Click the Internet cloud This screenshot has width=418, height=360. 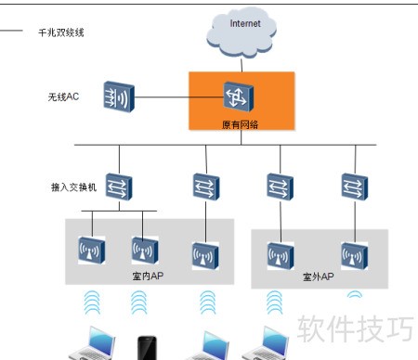[242, 32]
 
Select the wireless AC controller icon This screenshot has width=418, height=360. [119, 96]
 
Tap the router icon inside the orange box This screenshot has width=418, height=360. [239, 96]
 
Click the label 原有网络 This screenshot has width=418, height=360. [240, 124]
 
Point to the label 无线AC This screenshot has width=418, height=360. [63, 96]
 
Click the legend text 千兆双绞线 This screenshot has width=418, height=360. [61, 32]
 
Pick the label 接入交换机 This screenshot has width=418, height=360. [73, 187]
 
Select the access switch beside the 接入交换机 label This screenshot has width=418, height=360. [119, 186]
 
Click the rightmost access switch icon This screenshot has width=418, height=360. [355, 186]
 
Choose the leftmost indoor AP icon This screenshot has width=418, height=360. [91, 251]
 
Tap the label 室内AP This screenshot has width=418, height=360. [148, 276]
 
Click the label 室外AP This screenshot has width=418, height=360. [319, 276]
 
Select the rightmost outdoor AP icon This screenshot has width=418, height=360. [355, 256]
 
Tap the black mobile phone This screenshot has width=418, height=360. [147, 348]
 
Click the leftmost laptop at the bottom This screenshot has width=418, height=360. [92, 344]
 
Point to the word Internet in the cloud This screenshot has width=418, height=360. [245, 23]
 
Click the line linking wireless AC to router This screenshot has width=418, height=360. [179, 97]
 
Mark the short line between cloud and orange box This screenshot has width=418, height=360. [242, 65]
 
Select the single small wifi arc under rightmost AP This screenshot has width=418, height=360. [355, 293]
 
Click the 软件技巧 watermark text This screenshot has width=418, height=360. [355, 328]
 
